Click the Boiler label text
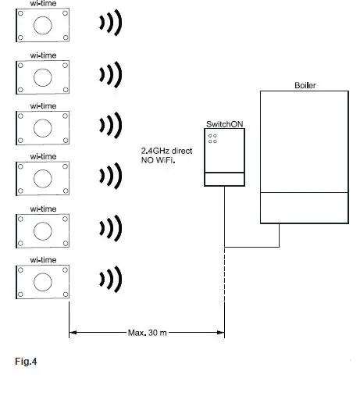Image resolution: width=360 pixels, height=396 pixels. [305, 84]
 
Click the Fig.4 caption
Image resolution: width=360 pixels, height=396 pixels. [26, 362]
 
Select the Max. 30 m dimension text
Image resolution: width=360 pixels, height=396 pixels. [147, 332]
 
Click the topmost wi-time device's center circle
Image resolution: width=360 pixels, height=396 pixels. [43, 25]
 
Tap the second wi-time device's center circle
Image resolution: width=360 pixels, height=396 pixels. [43, 75]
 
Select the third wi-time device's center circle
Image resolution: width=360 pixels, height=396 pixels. [43, 126]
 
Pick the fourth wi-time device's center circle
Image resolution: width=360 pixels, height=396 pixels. [43, 177]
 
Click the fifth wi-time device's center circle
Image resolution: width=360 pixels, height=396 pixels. [43, 228]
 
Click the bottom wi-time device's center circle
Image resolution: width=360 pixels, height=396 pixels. [43, 279]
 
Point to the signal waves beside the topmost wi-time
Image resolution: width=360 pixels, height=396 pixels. [110, 25]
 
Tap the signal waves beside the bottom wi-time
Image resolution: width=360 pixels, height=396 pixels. [110, 279]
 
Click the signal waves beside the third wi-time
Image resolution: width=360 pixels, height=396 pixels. [110, 126]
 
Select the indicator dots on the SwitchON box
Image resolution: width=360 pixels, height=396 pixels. [212, 138]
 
